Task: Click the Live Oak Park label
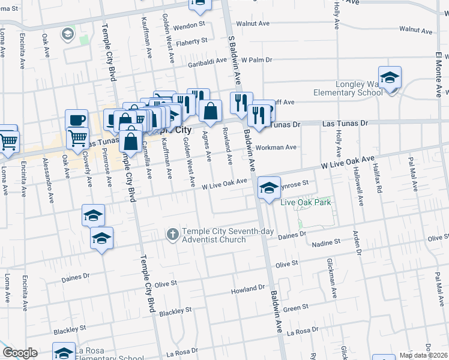306,202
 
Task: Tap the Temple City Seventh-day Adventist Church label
214,236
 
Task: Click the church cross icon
173,234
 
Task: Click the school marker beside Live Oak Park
270,188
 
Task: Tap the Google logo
19,353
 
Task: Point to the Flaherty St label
192,41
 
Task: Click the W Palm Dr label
257,60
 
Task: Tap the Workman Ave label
276,147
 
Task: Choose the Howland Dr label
247,292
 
